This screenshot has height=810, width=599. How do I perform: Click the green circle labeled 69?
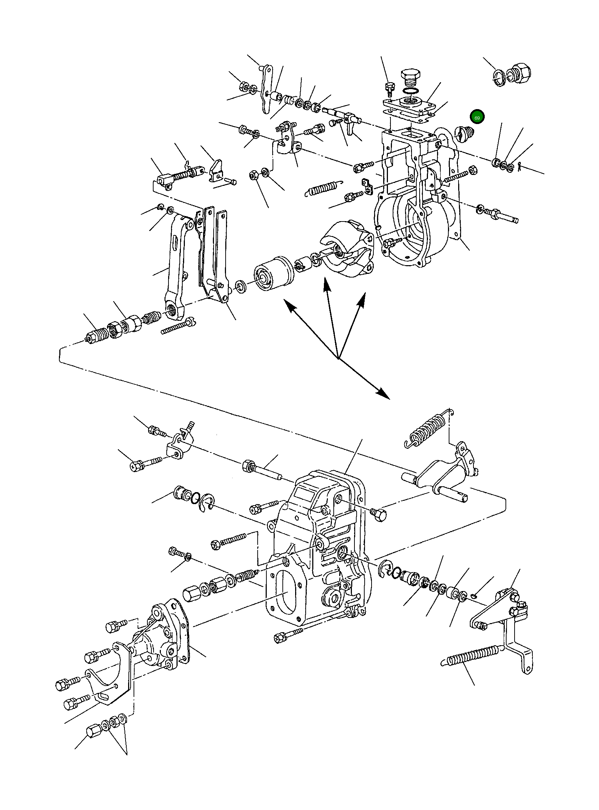[477, 117]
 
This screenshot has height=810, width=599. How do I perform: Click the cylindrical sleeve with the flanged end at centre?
[273, 273]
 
